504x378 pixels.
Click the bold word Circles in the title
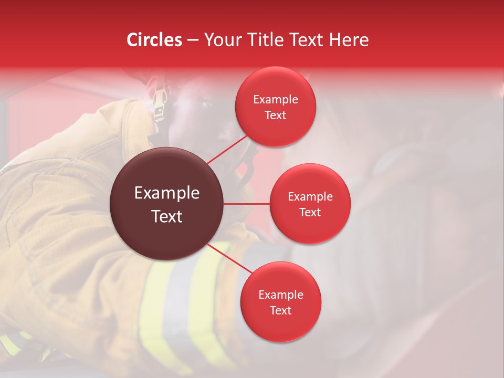tap(154, 40)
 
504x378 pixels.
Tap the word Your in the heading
tap(221, 40)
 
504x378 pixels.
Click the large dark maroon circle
tap(167, 204)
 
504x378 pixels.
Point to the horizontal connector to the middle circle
tap(247, 204)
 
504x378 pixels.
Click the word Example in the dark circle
tap(167, 193)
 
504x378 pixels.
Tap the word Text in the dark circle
tap(167, 216)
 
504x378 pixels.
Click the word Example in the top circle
tap(276, 100)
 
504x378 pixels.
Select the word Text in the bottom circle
tap(280, 310)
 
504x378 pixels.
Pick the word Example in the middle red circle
tap(310, 197)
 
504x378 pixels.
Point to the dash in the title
tap(193, 40)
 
